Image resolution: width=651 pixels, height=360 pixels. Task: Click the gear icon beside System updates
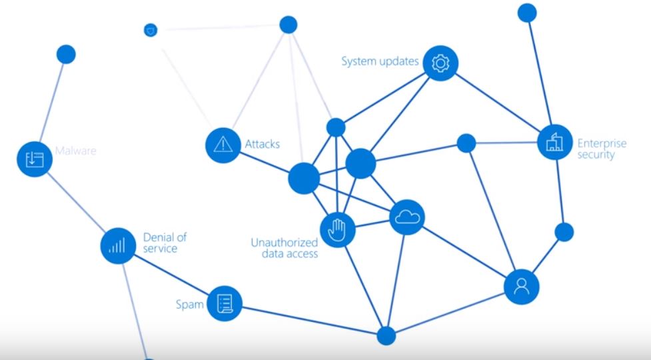pos(440,63)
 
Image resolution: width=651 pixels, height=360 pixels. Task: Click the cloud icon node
pos(407,217)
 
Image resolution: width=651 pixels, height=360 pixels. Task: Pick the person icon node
pos(521,287)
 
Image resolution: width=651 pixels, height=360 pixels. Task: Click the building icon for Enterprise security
pos(555,143)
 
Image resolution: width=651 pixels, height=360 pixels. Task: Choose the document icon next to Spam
pos(225,304)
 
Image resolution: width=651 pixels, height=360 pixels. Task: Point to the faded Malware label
pos(75,151)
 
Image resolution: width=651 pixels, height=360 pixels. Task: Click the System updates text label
pos(380,62)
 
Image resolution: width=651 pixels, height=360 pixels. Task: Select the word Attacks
pos(263,144)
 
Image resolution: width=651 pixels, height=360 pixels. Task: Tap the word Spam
pos(189,305)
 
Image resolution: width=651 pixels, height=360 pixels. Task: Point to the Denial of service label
pos(160,243)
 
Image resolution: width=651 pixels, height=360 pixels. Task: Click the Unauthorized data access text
pos(285,248)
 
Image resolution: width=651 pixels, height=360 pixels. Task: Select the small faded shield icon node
pos(151,30)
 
